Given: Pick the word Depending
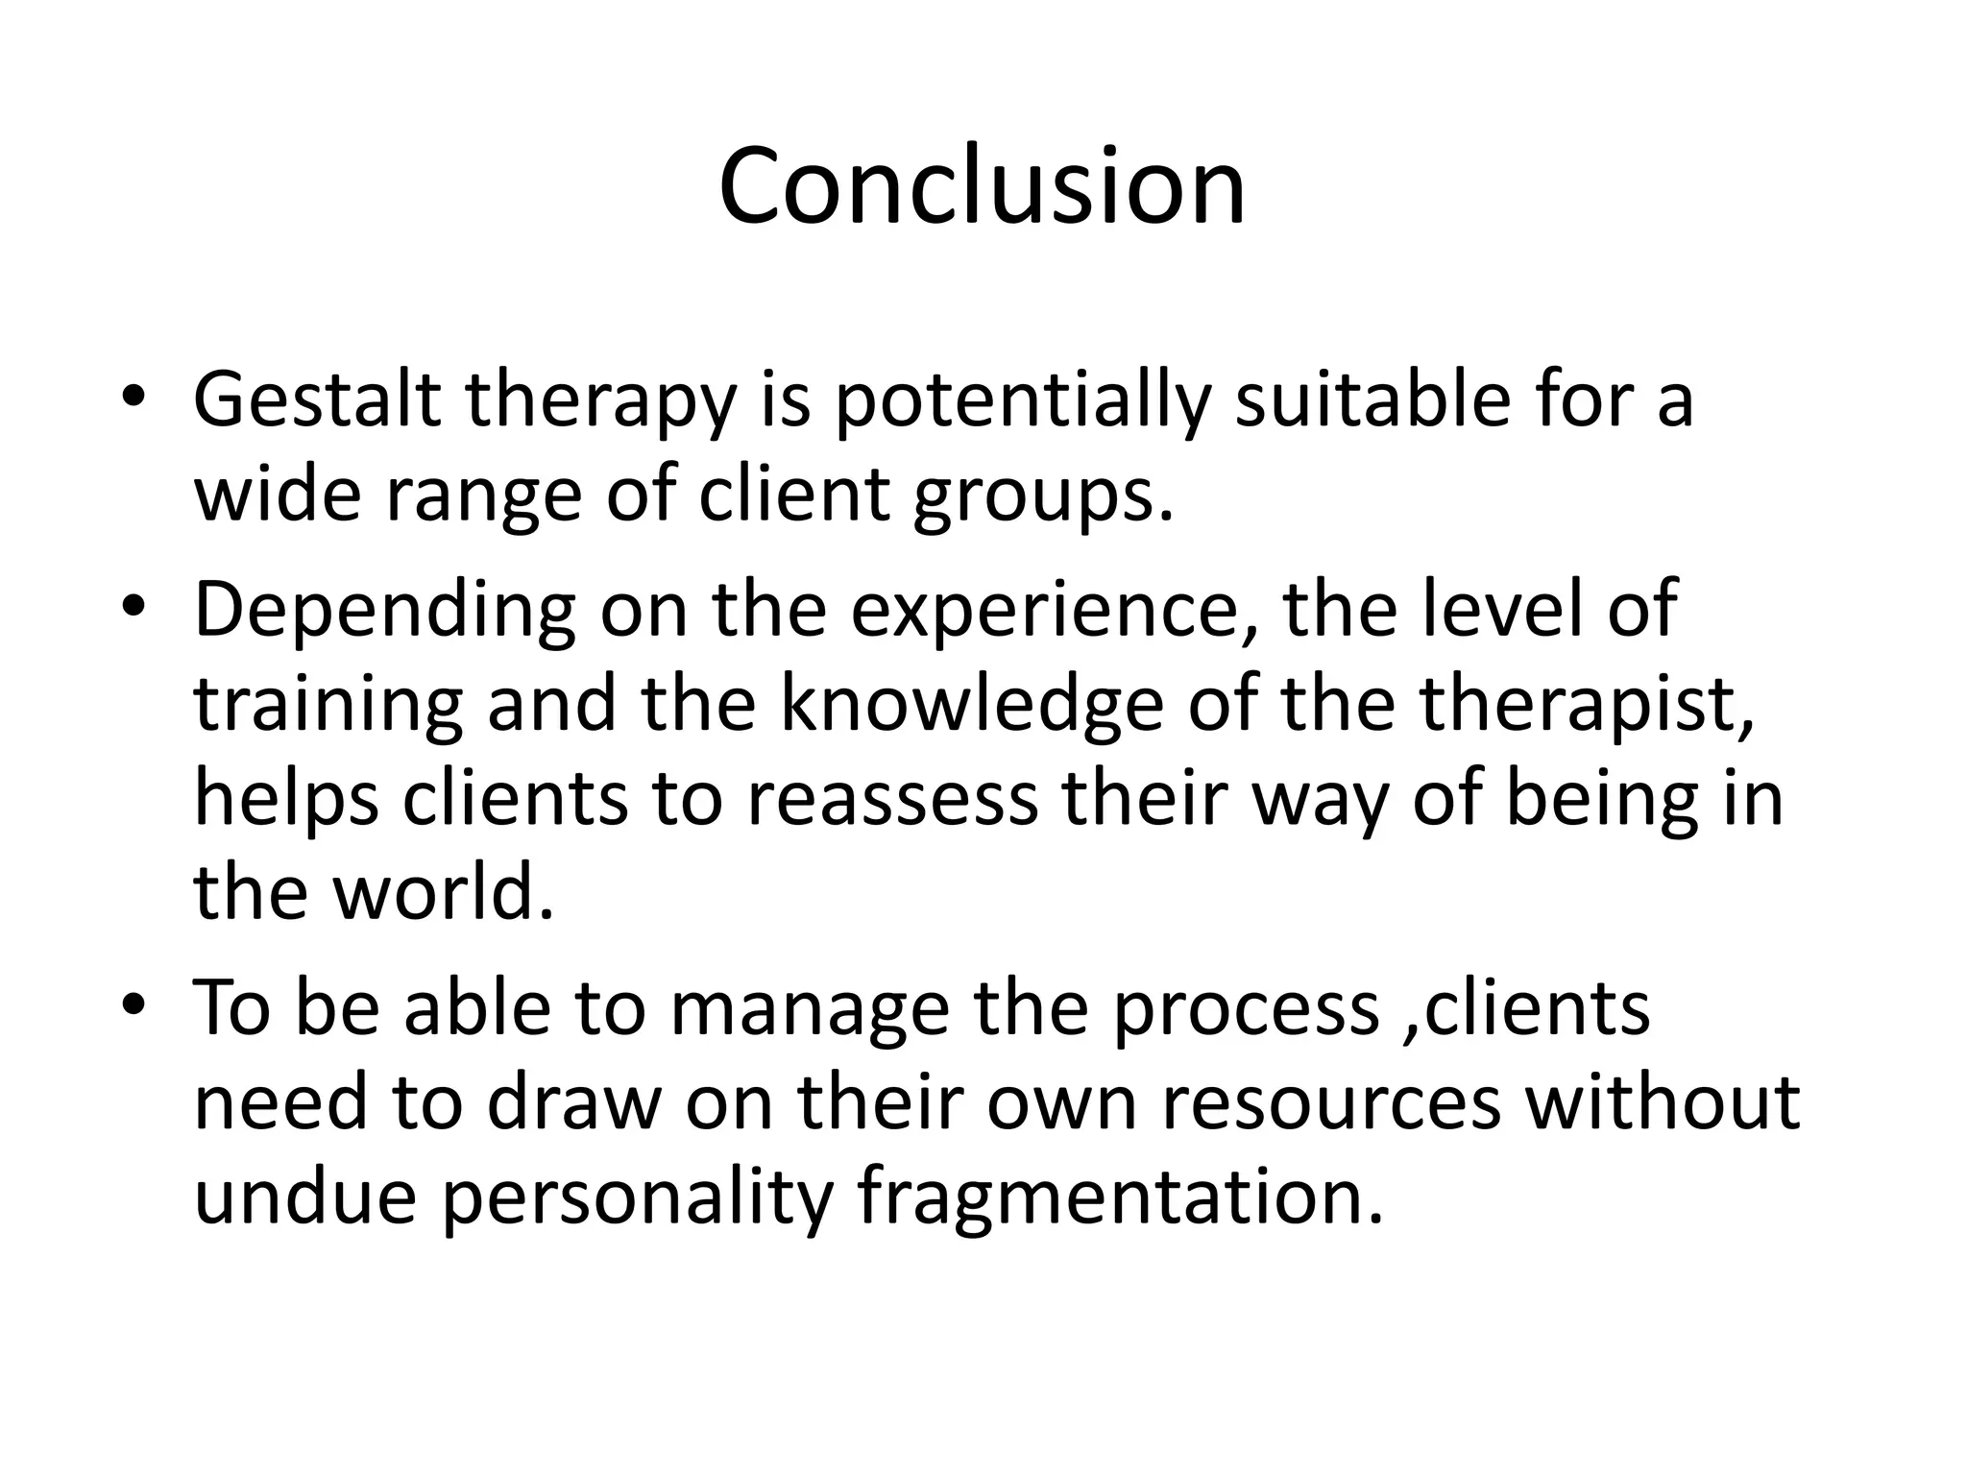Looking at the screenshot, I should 385,612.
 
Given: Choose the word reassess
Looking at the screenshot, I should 892,799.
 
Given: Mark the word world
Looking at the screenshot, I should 444,892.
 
